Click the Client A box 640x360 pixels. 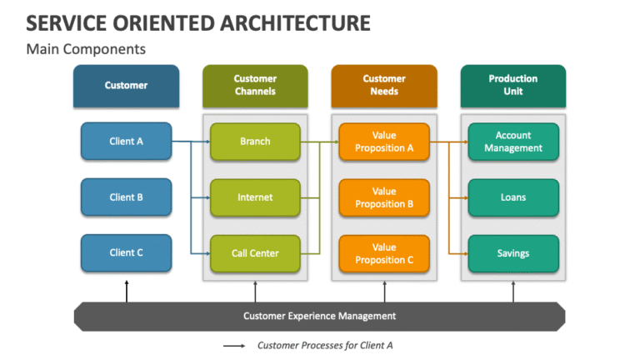(x=126, y=142)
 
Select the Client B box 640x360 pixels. (x=126, y=197)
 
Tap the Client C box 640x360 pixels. (x=126, y=252)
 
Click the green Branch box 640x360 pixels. (x=255, y=142)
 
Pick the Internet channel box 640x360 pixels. (x=255, y=197)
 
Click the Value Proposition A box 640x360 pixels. (x=384, y=142)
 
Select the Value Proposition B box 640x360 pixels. (x=384, y=197)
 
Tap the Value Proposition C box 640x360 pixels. (x=384, y=253)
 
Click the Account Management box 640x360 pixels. (x=513, y=142)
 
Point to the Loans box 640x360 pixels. (x=513, y=197)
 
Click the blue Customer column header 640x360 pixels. (x=126, y=85)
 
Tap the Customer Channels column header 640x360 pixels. (x=255, y=85)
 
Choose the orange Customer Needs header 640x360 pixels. (x=384, y=85)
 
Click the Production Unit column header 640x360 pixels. (x=513, y=85)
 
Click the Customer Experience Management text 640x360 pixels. (x=319, y=316)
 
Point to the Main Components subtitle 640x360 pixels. (x=86, y=49)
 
